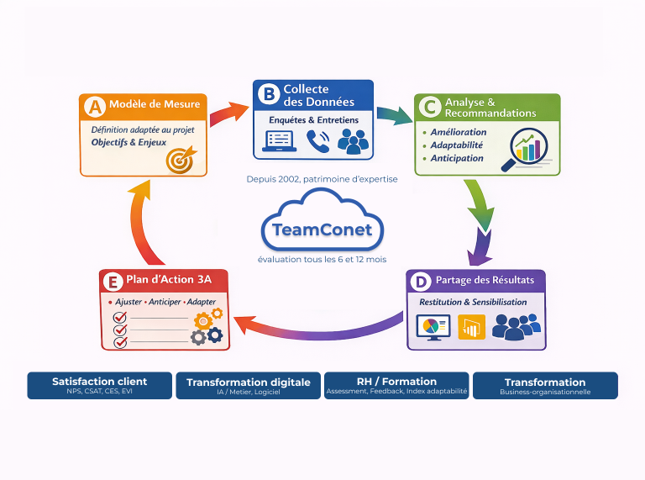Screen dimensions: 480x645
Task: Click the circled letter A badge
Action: point(95,106)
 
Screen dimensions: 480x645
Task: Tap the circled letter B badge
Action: point(269,94)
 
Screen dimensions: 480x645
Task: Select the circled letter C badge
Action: point(430,107)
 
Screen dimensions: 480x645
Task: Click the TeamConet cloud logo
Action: point(322,225)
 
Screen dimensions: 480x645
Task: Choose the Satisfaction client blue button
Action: point(99,385)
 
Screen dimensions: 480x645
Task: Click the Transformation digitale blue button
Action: point(249,385)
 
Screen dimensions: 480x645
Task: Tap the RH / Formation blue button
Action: point(396,385)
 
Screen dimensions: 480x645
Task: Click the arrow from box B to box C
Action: point(392,115)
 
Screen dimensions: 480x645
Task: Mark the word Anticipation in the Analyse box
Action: point(457,158)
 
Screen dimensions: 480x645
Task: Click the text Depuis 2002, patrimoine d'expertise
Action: point(322,179)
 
